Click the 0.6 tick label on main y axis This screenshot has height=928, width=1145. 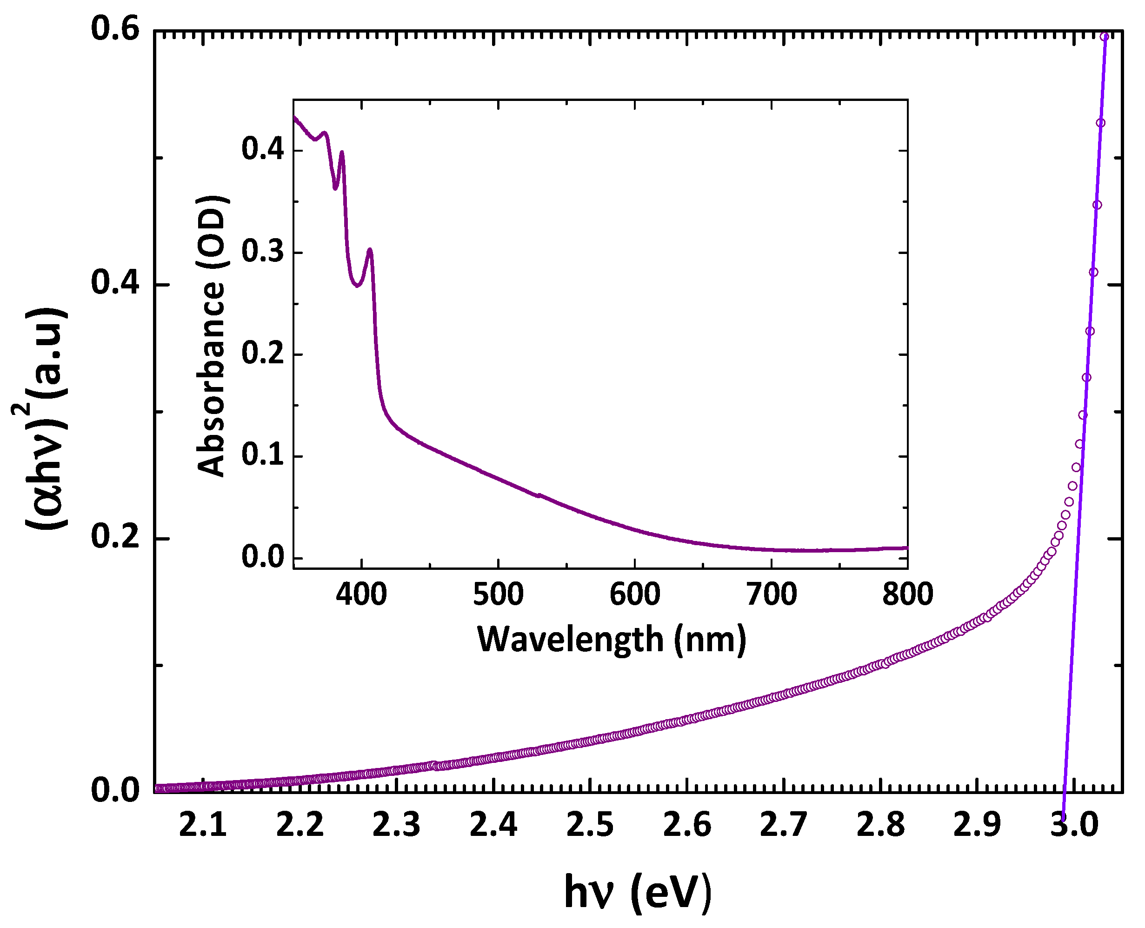(115, 28)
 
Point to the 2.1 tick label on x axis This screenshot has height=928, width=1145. (203, 825)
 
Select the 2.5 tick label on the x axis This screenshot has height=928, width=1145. (590, 825)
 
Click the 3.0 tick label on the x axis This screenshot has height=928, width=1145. (1074, 825)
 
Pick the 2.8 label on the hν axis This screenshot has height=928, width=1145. (881, 825)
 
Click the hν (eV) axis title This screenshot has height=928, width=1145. (638, 892)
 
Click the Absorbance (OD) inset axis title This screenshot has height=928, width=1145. (212, 336)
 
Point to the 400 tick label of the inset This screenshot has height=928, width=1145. (361, 595)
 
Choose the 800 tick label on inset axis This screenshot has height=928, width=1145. (907, 595)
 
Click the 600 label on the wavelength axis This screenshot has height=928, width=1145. (635, 595)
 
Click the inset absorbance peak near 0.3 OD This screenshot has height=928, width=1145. (369, 250)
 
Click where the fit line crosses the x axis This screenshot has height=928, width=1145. (1064, 792)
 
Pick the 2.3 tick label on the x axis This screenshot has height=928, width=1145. (396, 825)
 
